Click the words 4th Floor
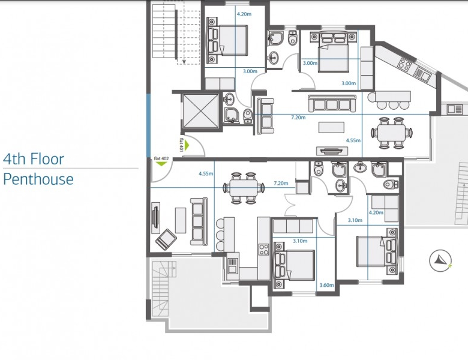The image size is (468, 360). click(34, 159)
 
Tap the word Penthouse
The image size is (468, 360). click(38, 179)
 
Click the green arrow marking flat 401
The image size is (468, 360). click(187, 145)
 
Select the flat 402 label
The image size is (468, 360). click(161, 158)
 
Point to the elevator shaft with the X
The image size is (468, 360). click(200, 111)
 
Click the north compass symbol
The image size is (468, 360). click(440, 260)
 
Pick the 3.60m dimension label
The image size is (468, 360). click(326, 285)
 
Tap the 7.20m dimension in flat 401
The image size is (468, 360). click(298, 118)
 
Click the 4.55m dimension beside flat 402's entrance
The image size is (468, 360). click(206, 173)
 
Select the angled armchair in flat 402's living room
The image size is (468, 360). click(166, 239)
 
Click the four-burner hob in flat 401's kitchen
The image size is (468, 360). click(405, 64)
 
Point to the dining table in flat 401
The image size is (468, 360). click(391, 133)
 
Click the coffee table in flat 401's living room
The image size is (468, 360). click(331, 127)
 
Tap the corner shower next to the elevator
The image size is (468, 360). click(232, 115)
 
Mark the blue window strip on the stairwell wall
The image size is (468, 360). click(148, 125)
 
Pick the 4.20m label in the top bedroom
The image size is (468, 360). click(244, 14)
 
